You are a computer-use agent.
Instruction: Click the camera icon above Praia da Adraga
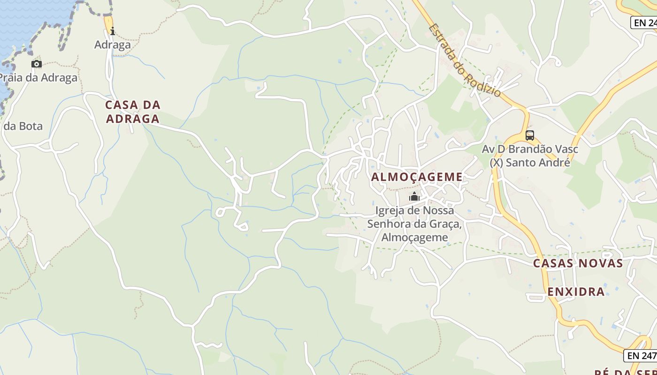[x=37, y=64]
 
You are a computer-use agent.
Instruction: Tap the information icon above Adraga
[x=112, y=31]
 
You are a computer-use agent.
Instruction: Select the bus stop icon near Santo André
[x=530, y=135]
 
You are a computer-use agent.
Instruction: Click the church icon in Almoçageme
[x=414, y=196]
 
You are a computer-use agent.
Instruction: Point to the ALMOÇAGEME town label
[x=417, y=177]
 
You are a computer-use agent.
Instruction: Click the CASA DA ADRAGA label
[x=133, y=112]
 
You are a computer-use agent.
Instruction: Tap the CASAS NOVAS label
[x=578, y=263]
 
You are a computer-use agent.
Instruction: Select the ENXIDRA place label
[x=576, y=292]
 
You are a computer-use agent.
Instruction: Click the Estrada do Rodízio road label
[x=465, y=60]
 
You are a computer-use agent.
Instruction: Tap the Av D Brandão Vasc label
[x=530, y=150]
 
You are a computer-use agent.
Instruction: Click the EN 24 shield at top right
[x=645, y=22]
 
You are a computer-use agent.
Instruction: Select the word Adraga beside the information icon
[x=113, y=45]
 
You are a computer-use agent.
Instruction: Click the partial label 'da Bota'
[x=23, y=126]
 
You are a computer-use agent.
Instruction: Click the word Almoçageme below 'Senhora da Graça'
[x=414, y=238]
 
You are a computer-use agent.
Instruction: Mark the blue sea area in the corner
[x=28, y=19]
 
